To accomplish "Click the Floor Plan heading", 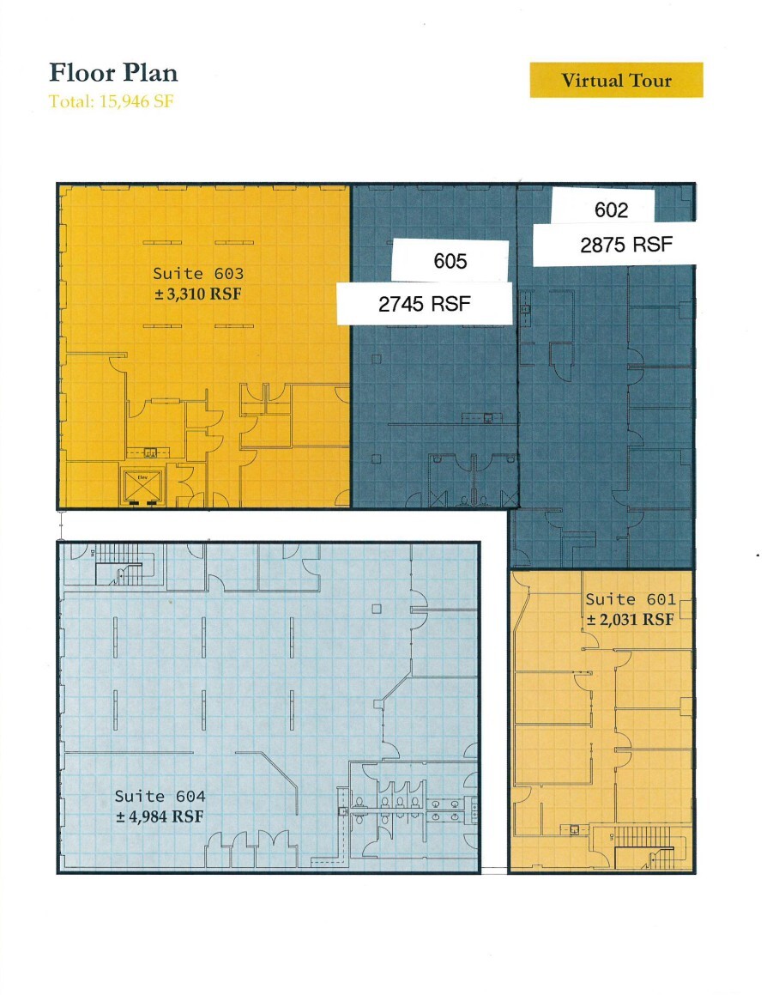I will pyautogui.click(x=113, y=73).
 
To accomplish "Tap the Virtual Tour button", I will pyautogui.click(x=616, y=81).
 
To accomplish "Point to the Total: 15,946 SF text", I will pyautogui.click(x=112, y=100).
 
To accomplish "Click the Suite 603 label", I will pyautogui.click(x=198, y=274).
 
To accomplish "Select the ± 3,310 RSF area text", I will pyautogui.click(x=198, y=292).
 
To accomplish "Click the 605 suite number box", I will pyautogui.click(x=450, y=260).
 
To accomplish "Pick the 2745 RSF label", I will pyautogui.click(x=425, y=304).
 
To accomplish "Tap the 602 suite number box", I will pyautogui.click(x=611, y=210).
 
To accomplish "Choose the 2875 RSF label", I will pyautogui.click(x=626, y=245).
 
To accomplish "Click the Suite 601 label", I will pyautogui.click(x=631, y=599).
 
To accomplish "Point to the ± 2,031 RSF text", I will pyautogui.click(x=631, y=619).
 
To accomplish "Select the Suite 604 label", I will pyautogui.click(x=160, y=796).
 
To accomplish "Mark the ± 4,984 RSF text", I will pyautogui.click(x=160, y=816).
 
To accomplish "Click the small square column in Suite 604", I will pyautogui.click(x=376, y=610).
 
